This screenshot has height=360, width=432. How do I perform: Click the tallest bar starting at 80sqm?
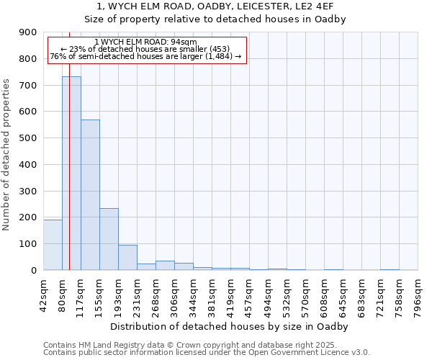71,173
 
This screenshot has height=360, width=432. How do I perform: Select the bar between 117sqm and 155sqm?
90,194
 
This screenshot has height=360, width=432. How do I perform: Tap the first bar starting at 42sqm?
53,245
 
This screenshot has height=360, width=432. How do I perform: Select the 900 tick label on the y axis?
28,32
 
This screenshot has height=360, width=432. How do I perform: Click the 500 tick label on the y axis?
28,138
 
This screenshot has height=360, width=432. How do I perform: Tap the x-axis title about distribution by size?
230,327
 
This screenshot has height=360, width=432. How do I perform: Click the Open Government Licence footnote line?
207,353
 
